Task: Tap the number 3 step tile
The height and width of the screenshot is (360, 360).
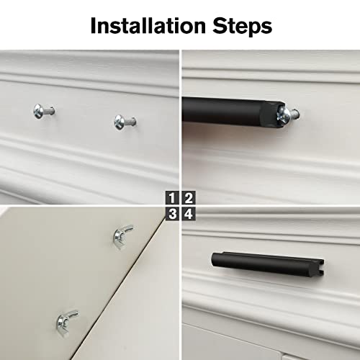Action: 172,214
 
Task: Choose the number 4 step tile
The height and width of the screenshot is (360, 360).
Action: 188,214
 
